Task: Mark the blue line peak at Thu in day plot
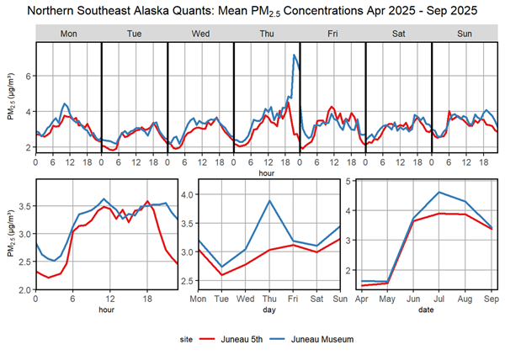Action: tap(269, 200)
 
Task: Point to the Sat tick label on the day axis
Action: tap(316, 299)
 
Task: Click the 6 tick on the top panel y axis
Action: tap(29, 76)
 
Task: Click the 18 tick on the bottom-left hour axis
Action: tap(147, 299)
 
